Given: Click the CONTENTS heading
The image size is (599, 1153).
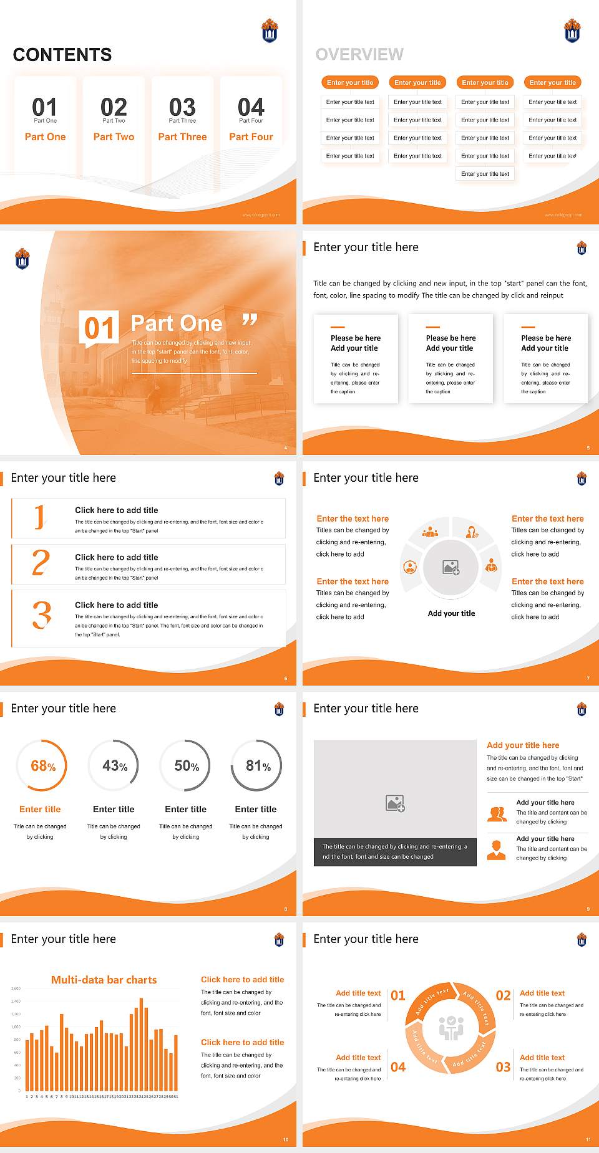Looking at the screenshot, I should point(62,55).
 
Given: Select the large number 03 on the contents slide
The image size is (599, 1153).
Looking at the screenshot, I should point(182,107).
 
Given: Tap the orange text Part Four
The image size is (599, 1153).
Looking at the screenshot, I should point(251,136).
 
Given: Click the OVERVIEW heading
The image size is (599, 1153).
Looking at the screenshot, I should point(359,54).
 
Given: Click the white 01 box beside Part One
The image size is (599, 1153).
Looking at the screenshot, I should point(99,327).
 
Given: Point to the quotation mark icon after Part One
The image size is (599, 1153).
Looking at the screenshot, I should point(250,320).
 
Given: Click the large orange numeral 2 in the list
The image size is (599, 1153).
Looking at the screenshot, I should point(41,562).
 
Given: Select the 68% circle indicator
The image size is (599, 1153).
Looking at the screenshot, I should point(42,766).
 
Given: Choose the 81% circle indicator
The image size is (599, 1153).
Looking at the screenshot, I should point(257,766).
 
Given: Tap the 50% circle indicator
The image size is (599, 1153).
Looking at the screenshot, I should point(186,766).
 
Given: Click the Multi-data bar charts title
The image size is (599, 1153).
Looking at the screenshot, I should point(104,980).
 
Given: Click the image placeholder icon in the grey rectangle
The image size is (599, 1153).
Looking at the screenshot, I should point(395,803).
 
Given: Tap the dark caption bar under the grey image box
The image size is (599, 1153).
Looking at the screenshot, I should point(395,852).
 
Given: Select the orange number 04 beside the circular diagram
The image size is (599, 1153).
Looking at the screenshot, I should point(398,1067).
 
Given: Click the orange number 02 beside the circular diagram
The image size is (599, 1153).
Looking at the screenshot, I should point(503,995).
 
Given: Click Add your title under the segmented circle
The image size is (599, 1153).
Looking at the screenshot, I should point(451,613).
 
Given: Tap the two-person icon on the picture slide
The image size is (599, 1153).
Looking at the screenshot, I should point(497,813).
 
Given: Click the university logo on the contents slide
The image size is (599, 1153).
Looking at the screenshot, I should point(270,31).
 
